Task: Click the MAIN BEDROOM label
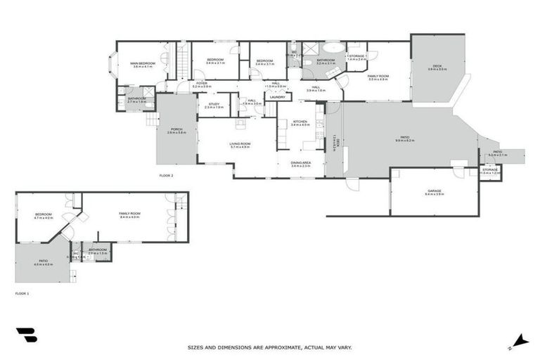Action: pos(142,64)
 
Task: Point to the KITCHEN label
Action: pos(300,122)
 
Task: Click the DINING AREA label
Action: pos(301,162)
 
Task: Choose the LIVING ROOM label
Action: pos(240,143)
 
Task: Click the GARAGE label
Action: pos(434,191)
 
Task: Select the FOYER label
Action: pos(201,82)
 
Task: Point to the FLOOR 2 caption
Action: pos(166,174)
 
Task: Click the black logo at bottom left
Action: pos(26,335)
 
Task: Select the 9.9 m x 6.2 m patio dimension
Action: pos(404,141)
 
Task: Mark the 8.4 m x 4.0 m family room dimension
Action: pos(130,217)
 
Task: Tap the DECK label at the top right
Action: pos(437,66)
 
